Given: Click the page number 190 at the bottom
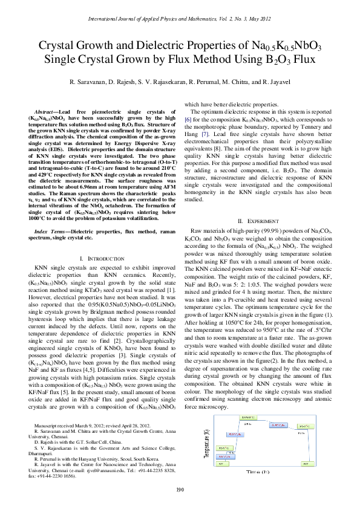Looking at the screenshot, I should pyautogui.click(x=180, y=489).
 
